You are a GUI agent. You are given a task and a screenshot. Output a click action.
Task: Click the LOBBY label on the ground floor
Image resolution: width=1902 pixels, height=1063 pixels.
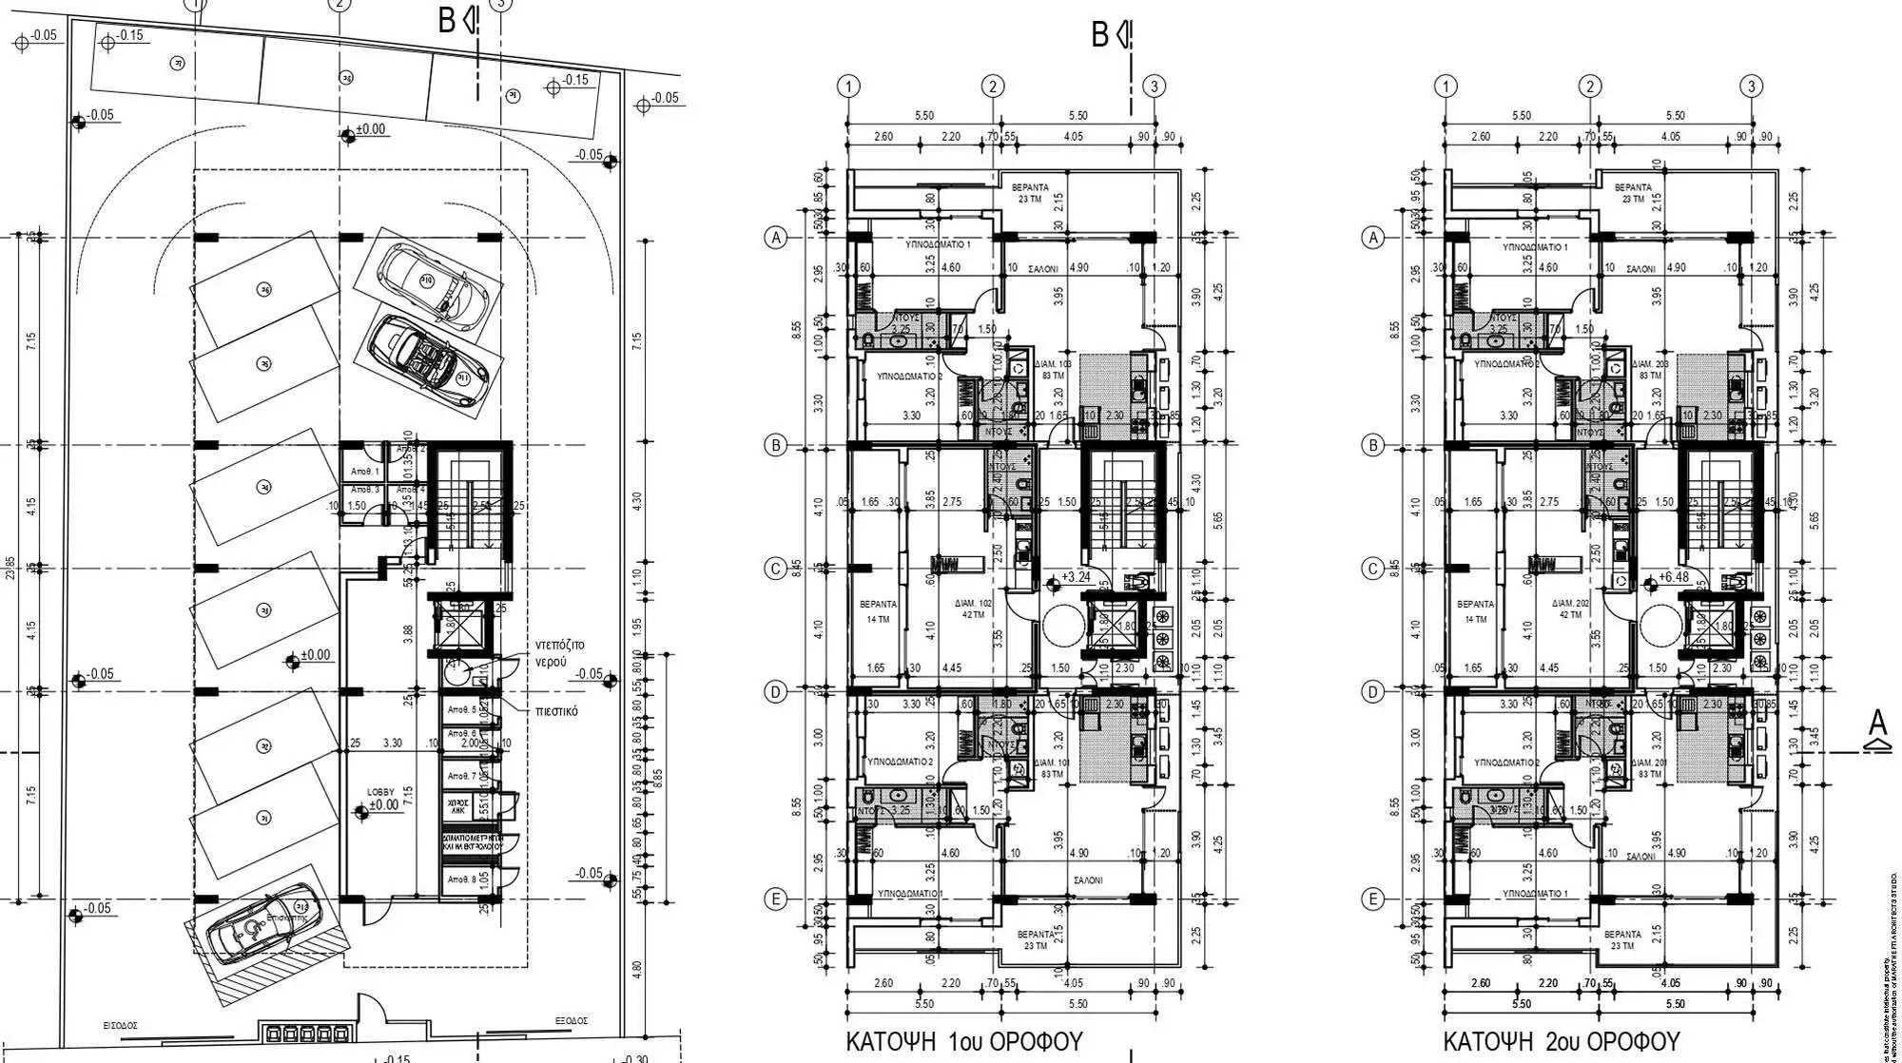click(x=381, y=791)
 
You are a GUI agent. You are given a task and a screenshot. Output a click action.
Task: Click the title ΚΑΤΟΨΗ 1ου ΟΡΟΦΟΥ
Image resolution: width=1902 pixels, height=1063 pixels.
click(x=963, y=1042)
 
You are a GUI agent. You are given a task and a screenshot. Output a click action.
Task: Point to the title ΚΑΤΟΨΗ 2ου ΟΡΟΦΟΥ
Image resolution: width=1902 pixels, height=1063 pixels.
click(x=1561, y=1042)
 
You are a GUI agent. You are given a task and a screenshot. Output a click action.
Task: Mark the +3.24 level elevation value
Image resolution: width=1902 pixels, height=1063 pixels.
click(x=1075, y=577)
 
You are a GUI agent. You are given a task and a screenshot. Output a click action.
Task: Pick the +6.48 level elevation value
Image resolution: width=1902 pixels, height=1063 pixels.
click(x=1673, y=577)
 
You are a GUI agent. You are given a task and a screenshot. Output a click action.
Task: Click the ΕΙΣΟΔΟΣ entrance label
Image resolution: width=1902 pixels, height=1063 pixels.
click(x=121, y=1026)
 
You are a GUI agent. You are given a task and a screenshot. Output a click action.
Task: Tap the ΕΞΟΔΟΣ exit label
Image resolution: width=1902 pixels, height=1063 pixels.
click(x=571, y=1020)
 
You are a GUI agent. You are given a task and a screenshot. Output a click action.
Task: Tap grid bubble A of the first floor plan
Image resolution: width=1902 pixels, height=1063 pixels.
click(x=776, y=238)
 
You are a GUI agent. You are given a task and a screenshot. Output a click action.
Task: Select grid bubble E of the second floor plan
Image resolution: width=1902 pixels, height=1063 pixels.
click(x=1372, y=899)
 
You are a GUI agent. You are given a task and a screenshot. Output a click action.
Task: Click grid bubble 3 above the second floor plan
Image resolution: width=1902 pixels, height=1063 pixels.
click(x=1752, y=87)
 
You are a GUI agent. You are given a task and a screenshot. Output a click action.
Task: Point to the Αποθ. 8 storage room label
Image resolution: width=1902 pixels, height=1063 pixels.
click(x=461, y=880)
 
